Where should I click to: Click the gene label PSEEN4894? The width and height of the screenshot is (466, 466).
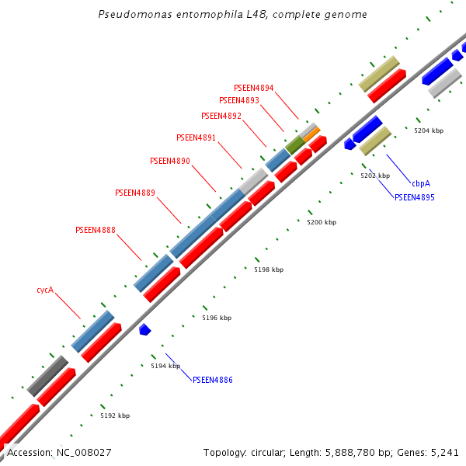click(x=253, y=88)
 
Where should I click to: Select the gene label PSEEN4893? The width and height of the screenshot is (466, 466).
click(x=238, y=100)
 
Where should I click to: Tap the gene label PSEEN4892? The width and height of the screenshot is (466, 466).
click(x=221, y=116)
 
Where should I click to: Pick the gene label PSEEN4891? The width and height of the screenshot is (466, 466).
click(x=196, y=137)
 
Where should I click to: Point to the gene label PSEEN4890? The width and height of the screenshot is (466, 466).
click(x=169, y=161)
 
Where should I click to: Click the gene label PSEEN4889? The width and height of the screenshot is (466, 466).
click(x=134, y=193)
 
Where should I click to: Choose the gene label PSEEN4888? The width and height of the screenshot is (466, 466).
click(x=96, y=230)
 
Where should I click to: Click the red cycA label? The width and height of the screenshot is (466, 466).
click(x=45, y=290)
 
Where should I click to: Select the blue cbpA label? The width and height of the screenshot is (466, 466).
click(x=421, y=183)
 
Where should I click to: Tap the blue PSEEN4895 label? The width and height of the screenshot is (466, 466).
click(x=414, y=197)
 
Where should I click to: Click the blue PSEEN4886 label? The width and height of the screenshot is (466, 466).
click(x=212, y=380)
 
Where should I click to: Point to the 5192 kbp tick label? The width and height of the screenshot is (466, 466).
click(x=115, y=416)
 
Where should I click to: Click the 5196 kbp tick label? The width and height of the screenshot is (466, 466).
click(x=217, y=318)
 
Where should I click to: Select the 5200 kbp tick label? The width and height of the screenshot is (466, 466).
click(x=322, y=223)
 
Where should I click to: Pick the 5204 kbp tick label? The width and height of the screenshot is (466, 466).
click(x=429, y=130)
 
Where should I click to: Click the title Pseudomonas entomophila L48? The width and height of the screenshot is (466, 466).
click(x=233, y=14)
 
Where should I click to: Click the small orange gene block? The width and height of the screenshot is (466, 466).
click(x=311, y=134)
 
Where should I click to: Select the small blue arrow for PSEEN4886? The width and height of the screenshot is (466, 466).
click(x=144, y=329)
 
